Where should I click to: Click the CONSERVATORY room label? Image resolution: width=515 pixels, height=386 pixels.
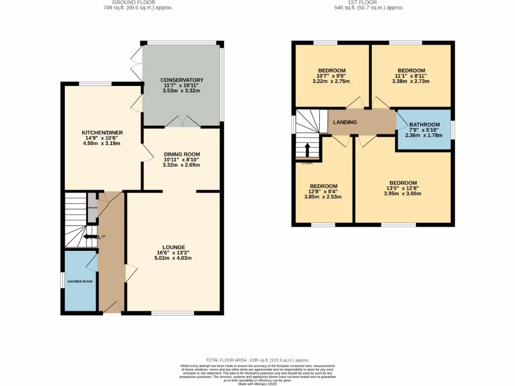[182, 80]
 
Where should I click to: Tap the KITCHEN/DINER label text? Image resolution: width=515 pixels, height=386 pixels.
[103, 133]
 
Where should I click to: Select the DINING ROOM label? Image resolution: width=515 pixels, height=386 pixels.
[182, 154]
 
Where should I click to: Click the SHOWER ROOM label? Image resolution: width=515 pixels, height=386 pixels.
[81, 281]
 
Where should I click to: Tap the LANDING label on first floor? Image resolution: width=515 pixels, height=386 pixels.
[345, 122]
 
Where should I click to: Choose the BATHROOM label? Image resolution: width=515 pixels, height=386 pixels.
[424, 125]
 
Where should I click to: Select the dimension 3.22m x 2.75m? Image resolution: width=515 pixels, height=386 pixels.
[331, 81]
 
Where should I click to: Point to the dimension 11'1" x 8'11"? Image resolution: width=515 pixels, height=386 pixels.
[411, 76]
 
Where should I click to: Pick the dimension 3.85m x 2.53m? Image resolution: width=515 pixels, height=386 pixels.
[322, 197]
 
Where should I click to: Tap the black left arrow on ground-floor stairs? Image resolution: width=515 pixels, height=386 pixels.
[91, 237]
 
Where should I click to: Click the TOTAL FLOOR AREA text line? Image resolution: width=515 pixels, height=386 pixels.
[257, 360]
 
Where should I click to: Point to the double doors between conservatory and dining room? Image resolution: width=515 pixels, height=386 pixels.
[182, 122]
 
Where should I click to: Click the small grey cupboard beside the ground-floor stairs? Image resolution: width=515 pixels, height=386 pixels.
[92, 207]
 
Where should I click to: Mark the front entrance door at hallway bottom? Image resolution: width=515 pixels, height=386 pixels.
[112, 308]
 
